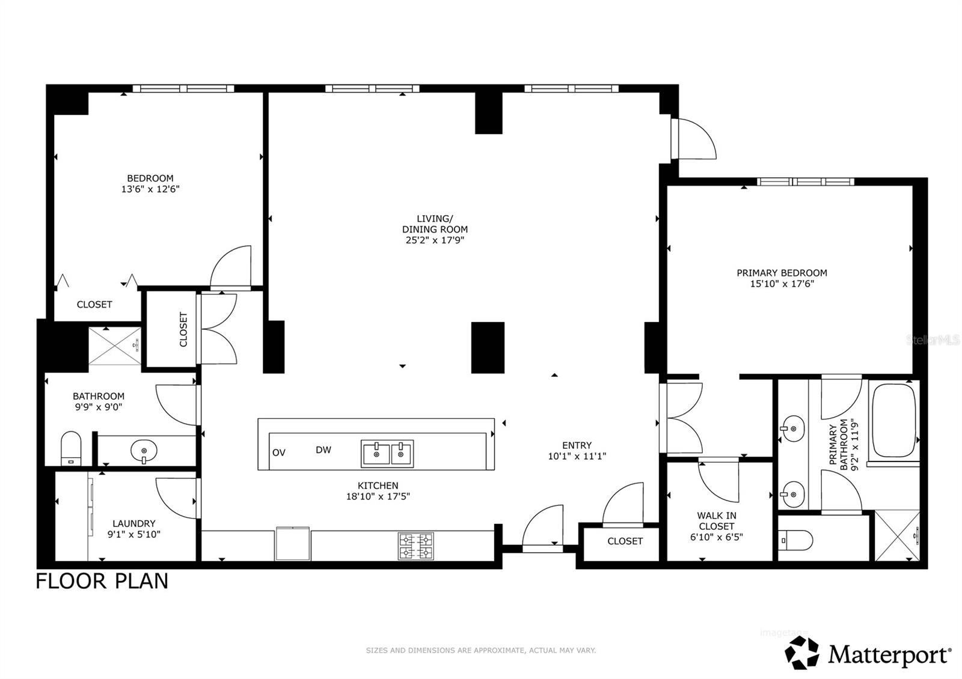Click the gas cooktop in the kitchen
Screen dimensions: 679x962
pyautogui.click(x=415, y=546)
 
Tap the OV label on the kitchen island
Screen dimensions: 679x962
pyautogui.click(x=278, y=452)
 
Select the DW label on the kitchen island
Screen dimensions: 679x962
pyautogui.click(x=323, y=449)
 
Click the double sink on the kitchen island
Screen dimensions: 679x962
pyautogui.click(x=387, y=453)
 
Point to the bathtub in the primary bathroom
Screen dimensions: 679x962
pyautogui.click(x=893, y=421)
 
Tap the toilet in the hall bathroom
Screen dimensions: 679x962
pyautogui.click(x=71, y=447)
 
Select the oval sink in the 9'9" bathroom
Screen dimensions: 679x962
pyautogui.click(x=144, y=449)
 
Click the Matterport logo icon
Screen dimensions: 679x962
pyautogui.click(x=802, y=653)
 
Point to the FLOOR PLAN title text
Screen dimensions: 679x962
pyautogui.click(x=102, y=581)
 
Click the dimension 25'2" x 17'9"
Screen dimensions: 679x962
pyautogui.click(x=435, y=240)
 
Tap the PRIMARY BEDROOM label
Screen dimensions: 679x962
pyautogui.click(x=782, y=273)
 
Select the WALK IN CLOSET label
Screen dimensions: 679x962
pyautogui.click(x=717, y=520)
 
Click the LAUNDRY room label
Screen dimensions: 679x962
pyautogui.click(x=133, y=523)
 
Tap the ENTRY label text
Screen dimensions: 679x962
pyautogui.click(x=577, y=445)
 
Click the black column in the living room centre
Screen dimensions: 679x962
pyautogui.click(x=488, y=347)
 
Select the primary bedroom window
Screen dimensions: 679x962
pyautogui.click(x=805, y=181)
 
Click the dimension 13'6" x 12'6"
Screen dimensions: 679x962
pyautogui.click(x=150, y=189)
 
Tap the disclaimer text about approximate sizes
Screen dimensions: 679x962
pyautogui.click(x=480, y=650)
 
